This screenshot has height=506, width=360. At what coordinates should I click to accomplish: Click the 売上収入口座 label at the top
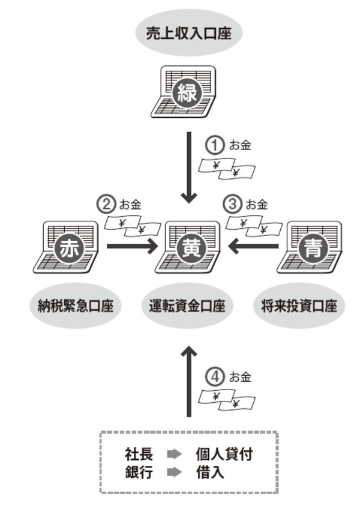[x=188, y=34]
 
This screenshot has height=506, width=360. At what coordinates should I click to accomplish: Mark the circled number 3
[x=232, y=204]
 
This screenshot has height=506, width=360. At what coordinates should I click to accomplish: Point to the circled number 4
[x=215, y=377]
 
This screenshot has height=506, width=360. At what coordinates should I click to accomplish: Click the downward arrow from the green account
[x=189, y=168]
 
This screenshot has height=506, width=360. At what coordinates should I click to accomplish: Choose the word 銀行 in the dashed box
[x=139, y=473]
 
